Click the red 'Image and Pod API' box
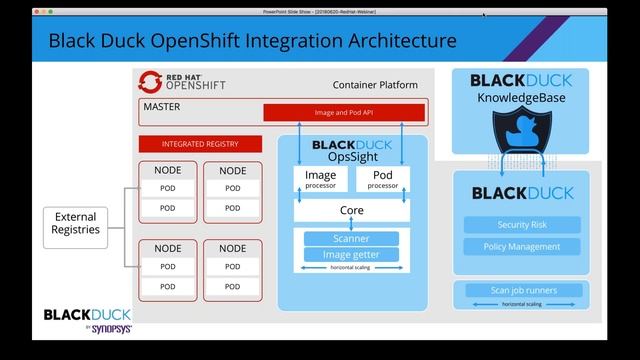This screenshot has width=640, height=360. coord(344,113)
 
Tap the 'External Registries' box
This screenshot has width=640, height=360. coord(76,223)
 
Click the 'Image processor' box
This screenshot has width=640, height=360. coord(320,179)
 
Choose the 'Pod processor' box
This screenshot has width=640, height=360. coord(382,179)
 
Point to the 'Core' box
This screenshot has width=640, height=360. coord(351,211)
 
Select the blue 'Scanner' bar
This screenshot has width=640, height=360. coord(351,239)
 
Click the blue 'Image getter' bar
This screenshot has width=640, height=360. coord(351,254)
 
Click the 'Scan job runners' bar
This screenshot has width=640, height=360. coord(523,291)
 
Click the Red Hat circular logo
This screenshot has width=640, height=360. coord(151,81)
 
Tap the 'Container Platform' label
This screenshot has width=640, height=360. coord(375,86)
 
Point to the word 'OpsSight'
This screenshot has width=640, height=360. coord(351,157)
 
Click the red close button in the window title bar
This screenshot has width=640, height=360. coord(39,11)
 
